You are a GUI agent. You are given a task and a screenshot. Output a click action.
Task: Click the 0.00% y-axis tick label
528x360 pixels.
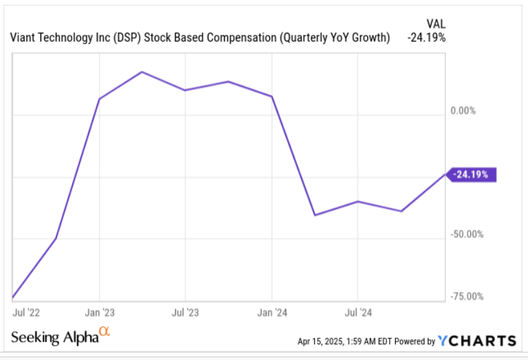click(463, 110)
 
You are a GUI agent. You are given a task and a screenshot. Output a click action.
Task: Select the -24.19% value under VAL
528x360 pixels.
click(426, 37)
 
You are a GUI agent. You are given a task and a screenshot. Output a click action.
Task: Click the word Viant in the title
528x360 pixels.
click(25, 37)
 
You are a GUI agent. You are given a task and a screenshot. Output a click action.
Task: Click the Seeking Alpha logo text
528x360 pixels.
click(55, 337)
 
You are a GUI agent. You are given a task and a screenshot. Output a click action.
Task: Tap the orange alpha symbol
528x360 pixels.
click(104, 332)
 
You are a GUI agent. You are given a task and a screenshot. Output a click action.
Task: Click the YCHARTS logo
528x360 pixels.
click(477, 340)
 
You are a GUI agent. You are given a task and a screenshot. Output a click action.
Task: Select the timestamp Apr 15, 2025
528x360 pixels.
click(323, 341)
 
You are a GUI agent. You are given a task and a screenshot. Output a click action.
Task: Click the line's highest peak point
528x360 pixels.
click(142, 72)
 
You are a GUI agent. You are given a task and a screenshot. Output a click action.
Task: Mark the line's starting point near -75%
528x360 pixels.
click(13, 298)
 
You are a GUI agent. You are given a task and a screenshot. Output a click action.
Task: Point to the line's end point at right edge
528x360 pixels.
click(445, 175)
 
